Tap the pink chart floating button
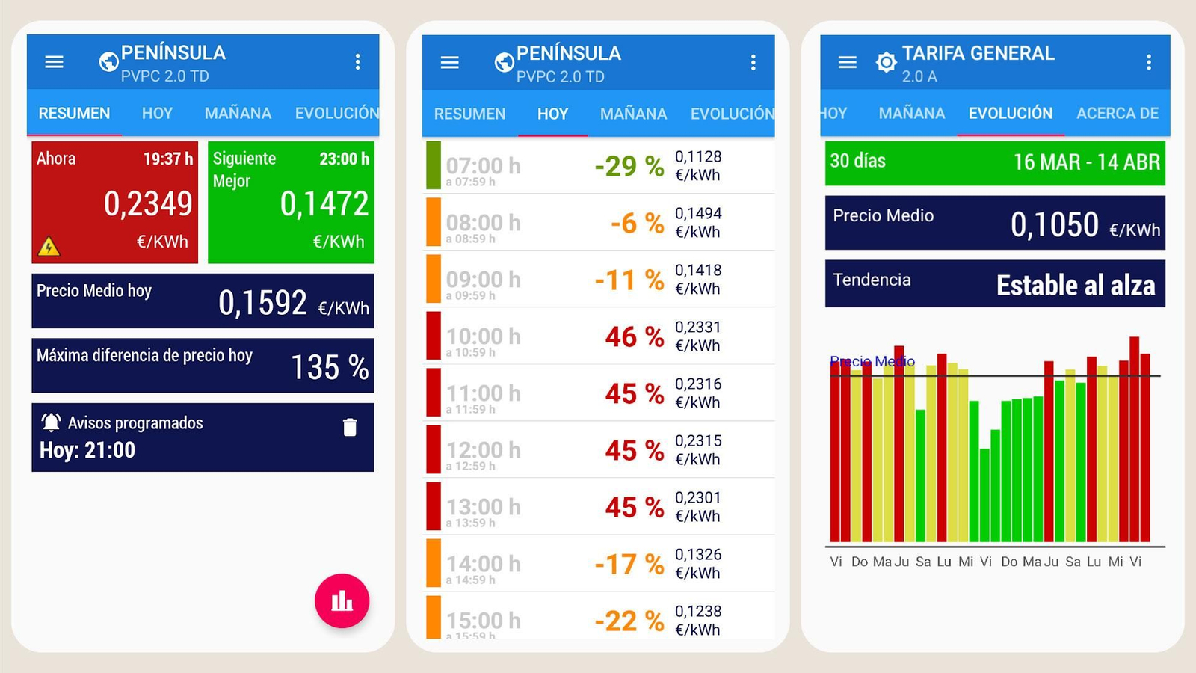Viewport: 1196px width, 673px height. [x=342, y=600]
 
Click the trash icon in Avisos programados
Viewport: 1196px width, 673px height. [x=350, y=427]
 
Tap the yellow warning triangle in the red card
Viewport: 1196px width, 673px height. [x=49, y=246]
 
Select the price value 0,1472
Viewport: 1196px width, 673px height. [x=324, y=203]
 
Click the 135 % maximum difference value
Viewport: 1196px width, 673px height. [x=329, y=367]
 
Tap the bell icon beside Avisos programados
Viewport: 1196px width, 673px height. [x=51, y=422]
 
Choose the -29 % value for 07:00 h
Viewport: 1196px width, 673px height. [x=629, y=165]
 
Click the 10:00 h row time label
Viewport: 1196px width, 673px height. [x=483, y=336]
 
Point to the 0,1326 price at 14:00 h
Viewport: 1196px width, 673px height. [x=698, y=554]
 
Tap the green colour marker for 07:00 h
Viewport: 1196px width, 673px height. [x=433, y=165]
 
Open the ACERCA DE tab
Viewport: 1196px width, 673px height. [x=1117, y=113]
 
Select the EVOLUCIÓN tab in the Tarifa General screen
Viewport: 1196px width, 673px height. [x=1010, y=113]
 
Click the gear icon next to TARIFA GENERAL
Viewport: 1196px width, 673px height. [x=886, y=62]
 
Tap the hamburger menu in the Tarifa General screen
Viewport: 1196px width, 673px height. [x=847, y=62]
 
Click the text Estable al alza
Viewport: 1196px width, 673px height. [x=1075, y=285]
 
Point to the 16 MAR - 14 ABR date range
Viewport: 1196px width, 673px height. [x=1086, y=162]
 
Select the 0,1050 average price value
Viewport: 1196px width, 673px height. [x=1054, y=224]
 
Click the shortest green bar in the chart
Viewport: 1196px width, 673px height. [x=984, y=494]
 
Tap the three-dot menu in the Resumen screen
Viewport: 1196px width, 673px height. [x=357, y=61]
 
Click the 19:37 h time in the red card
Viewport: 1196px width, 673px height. [x=167, y=159]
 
